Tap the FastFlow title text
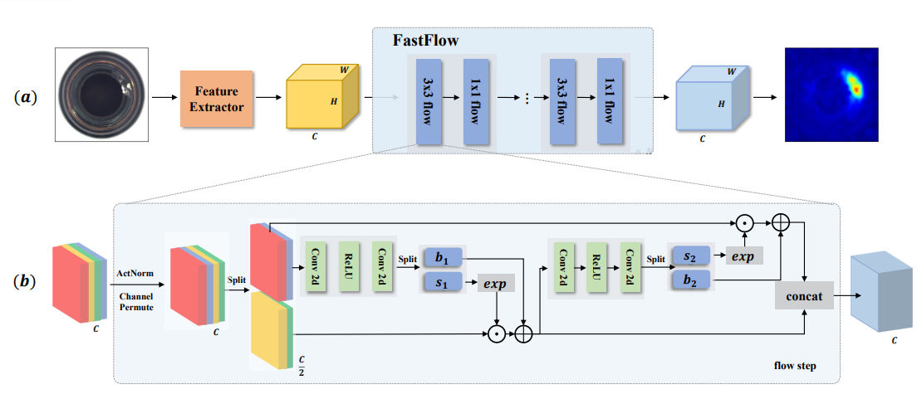coord(425,41)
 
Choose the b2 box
coord(690,280)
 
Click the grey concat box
coord(803,294)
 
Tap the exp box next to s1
coord(495,283)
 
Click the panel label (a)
coord(26,97)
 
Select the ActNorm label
coord(135,271)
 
